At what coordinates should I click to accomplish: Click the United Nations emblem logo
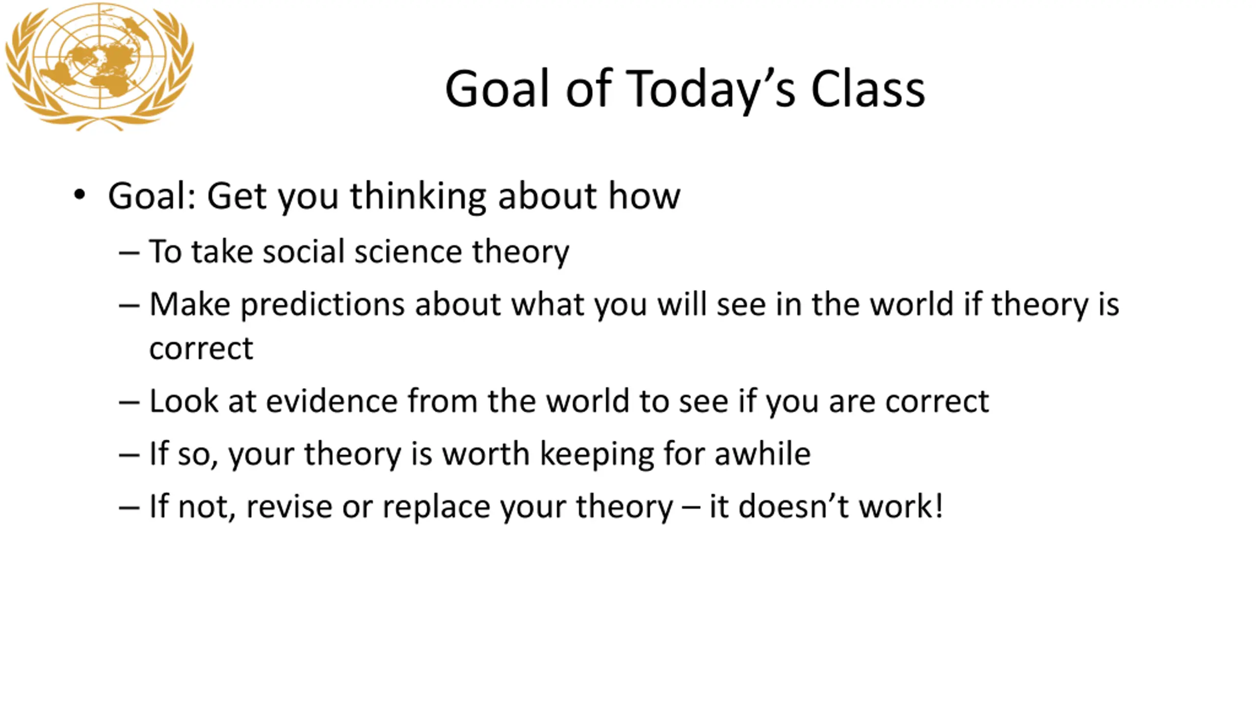pos(100,67)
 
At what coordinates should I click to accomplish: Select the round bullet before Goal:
pos(79,195)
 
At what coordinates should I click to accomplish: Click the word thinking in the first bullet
pos(419,196)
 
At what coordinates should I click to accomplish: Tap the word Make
pos(190,304)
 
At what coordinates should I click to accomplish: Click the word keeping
pos(597,454)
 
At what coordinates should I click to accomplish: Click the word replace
pos(436,507)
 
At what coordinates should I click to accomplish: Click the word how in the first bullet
pos(644,195)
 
